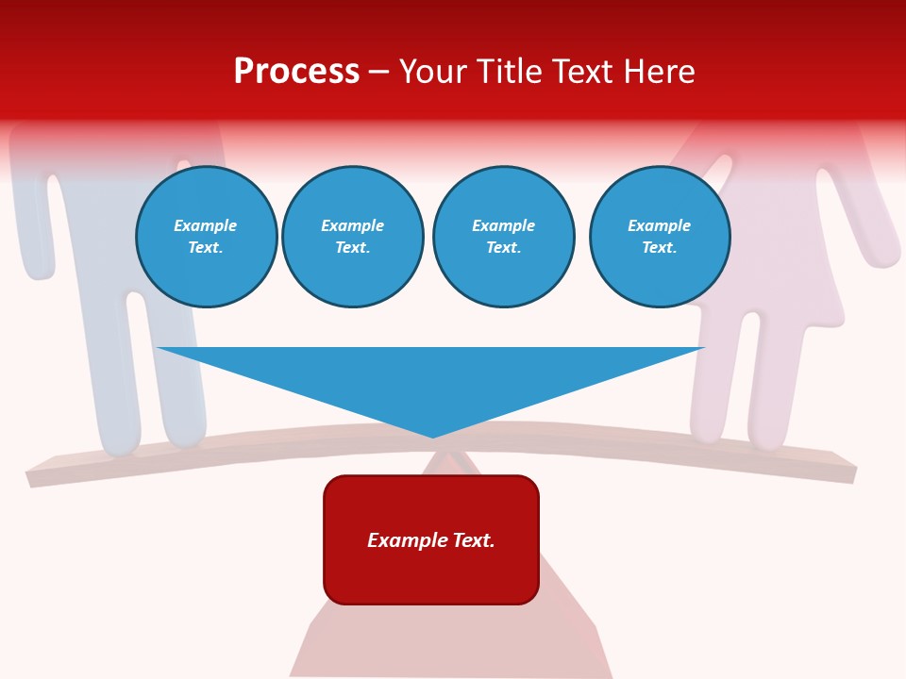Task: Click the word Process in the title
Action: tap(296, 72)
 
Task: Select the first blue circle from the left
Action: tap(207, 237)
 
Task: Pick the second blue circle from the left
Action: tap(353, 237)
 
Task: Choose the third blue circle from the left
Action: tap(504, 237)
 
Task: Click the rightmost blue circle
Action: tap(660, 237)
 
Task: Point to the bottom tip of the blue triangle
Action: tap(433, 437)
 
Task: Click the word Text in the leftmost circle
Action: tap(206, 248)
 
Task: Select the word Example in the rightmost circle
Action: tap(660, 225)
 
